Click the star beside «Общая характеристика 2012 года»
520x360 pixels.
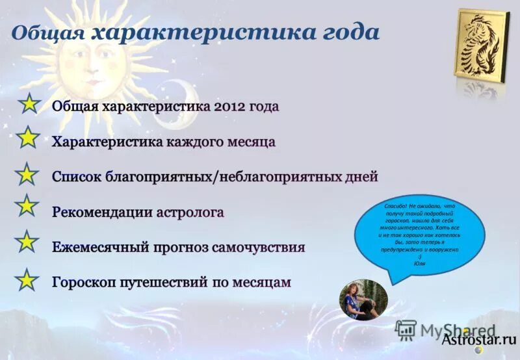point(27,104)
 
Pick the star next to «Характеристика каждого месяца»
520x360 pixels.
point(27,138)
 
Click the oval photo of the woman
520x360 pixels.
point(364,300)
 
